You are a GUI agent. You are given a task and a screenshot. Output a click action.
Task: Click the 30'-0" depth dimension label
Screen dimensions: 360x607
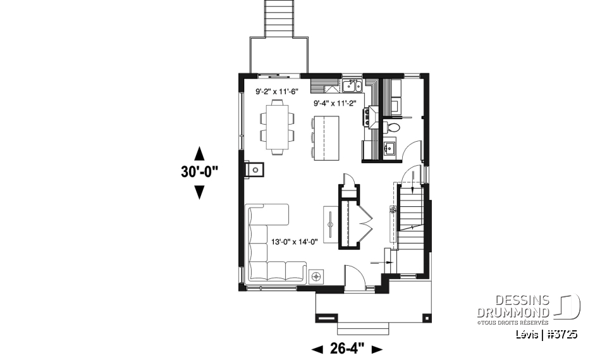coord(199,171)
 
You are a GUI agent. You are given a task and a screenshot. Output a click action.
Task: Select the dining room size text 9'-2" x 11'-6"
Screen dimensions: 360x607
coord(276,92)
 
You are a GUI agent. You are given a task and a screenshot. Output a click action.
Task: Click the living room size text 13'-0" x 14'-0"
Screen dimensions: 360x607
coord(297,240)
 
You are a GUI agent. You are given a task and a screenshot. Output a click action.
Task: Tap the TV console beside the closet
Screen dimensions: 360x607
coord(332,221)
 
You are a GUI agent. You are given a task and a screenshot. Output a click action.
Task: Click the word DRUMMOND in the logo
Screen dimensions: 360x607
coord(512,313)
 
